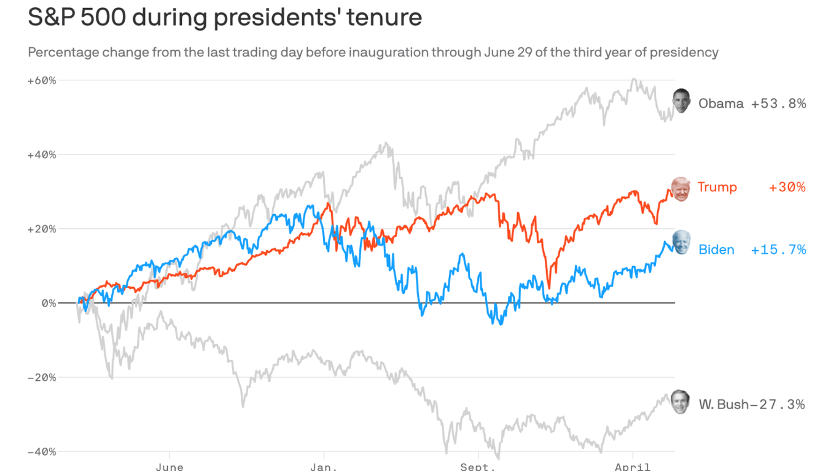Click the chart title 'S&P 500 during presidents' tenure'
[x=225, y=17]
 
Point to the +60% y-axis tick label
[x=42, y=80]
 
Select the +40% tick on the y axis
[x=42, y=155]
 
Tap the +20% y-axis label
[x=42, y=229]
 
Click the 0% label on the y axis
[x=49, y=303]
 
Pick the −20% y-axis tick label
[x=42, y=377]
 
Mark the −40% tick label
[x=42, y=451]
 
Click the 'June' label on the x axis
[x=170, y=467]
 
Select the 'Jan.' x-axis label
[x=323, y=467]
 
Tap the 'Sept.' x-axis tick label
[x=478, y=467]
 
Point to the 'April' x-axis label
[x=633, y=467]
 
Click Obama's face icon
[x=681, y=101]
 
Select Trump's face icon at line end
[x=681, y=188]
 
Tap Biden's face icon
[x=681, y=243]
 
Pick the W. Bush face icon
[x=680, y=402]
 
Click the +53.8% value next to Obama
[x=778, y=104]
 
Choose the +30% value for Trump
[x=787, y=187]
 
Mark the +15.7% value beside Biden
[x=778, y=250]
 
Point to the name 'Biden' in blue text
[x=716, y=250]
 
